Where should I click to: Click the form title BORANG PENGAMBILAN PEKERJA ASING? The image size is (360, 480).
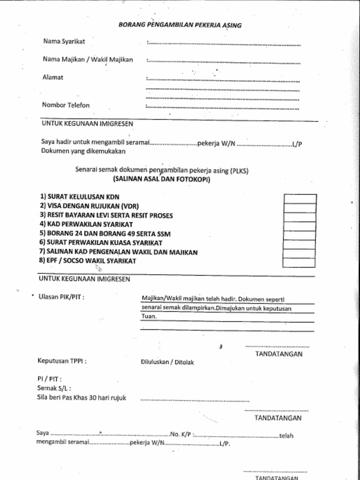pos(180,25)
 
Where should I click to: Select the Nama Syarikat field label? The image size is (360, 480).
pos(64,41)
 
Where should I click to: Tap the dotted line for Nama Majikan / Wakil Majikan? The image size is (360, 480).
pos(223,61)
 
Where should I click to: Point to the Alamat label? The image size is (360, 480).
pos(53,77)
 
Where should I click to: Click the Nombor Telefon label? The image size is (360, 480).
pos(66,105)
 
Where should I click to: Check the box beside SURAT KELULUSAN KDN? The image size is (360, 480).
pos(300,199)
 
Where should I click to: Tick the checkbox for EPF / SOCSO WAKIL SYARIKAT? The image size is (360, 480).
pos(300,262)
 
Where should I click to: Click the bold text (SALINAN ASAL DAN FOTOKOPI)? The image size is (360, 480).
pos(162,180)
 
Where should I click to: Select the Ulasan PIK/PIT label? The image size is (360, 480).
pos(61,297)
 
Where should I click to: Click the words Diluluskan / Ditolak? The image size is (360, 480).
pos(167,362)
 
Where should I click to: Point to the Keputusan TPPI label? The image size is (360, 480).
pos(62,361)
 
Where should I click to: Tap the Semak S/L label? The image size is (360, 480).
pos(54,388)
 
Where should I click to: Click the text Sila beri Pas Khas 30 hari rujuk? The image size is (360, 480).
pos(82,397)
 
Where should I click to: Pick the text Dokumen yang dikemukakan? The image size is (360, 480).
pos(83,151)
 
